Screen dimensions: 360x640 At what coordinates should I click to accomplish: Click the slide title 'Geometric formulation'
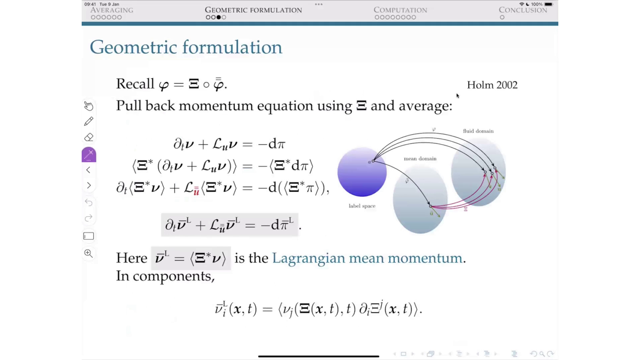click(186, 47)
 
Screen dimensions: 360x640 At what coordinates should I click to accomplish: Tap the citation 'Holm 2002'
click(492, 85)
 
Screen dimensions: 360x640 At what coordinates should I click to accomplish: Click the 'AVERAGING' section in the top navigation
click(112, 10)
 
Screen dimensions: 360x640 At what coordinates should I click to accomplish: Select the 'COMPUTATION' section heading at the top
click(400, 10)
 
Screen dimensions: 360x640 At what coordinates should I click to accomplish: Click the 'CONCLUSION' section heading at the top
click(523, 10)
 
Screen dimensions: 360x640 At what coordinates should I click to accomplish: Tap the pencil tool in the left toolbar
click(89, 121)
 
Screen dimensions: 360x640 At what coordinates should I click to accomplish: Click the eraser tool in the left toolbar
click(89, 137)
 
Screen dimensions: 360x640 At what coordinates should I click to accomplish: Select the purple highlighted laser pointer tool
click(89, 155)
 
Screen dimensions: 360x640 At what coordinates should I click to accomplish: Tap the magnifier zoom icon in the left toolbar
click(88, 253)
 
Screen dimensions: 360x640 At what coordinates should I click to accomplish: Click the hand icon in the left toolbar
click(89, 106)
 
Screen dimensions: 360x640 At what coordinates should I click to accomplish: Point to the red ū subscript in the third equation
click(196, 192)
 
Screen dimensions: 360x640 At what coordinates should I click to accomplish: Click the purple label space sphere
click(362, 172)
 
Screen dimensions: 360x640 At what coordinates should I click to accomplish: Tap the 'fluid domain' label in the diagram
click(478, 131)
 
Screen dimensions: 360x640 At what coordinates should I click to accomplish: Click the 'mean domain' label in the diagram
click(420, 159)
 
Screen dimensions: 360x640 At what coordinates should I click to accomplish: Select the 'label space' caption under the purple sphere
click(362, 206)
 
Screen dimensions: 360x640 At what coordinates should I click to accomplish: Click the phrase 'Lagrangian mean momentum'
click(367, 258)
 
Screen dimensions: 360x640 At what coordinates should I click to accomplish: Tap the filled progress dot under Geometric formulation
click(218, 17)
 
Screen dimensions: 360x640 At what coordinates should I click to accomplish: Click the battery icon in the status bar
click(549, 4)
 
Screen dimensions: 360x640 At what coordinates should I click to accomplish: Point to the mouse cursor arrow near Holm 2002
click(457, 95)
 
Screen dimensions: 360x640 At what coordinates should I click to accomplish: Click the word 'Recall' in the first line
click(135, 84)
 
